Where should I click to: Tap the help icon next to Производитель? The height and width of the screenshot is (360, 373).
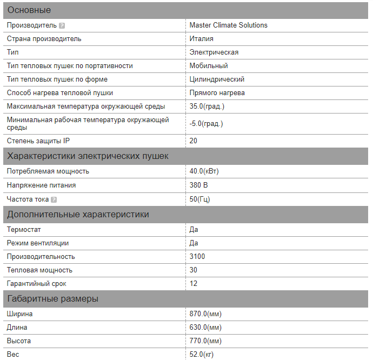(62, 25)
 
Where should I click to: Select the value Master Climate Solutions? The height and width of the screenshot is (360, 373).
(228, 25)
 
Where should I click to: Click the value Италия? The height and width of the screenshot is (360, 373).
(201, 38)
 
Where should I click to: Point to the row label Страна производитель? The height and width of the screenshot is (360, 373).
(44, 38)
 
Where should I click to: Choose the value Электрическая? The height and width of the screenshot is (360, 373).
(214, 52)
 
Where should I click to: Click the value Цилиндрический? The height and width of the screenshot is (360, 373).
(217, 79)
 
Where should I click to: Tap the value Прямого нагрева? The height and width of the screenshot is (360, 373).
(217, 92)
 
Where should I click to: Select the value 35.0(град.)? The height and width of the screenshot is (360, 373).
(207, 106)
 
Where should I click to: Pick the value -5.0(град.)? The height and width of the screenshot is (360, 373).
(206, 123)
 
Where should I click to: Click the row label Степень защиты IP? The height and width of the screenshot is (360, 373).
(38, 141)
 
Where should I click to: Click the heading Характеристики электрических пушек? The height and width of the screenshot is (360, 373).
(88, 156)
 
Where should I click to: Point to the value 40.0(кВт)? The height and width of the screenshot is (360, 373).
(204, 171)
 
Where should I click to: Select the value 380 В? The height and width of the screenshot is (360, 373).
(198, 185)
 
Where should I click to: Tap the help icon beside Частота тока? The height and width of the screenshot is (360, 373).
(54, 199)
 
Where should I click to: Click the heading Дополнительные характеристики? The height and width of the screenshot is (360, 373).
(78, 215)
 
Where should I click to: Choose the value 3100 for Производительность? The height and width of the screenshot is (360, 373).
(197, 256)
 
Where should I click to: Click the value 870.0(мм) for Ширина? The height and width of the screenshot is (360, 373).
(205, 314)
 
